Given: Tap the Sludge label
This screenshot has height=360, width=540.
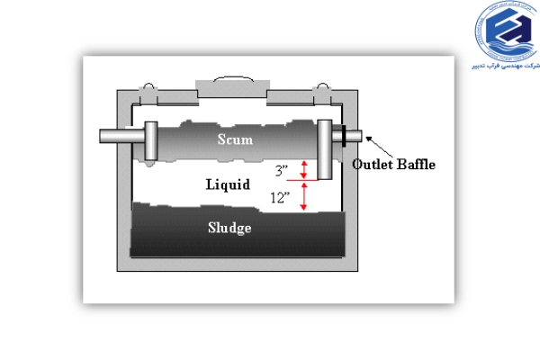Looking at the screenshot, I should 230,227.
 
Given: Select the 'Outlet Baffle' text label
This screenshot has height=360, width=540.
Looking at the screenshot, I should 393,165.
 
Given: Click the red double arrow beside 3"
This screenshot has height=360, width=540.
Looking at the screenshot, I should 304,168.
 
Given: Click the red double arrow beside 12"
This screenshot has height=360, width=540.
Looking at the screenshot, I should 304,195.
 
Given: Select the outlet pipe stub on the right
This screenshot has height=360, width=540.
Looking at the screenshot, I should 353,137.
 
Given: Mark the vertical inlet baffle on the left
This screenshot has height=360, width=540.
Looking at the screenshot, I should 150,141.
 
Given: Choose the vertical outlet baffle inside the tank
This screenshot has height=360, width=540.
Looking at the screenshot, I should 325,148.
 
